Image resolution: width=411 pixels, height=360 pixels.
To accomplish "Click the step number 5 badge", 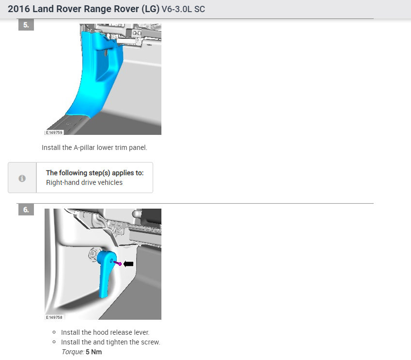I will pos(26,24).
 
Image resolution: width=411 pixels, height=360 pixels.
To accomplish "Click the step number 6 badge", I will pos(26,210).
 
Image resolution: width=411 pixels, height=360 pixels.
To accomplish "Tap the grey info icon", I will pos(22,178).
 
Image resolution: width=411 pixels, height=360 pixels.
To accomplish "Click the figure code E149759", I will pos(54,132).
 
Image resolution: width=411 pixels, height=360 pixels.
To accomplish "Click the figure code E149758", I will pos(54,317).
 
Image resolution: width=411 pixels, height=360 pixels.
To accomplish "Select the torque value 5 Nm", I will pos(94,352).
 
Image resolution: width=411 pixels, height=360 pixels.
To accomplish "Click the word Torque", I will pos(72,352).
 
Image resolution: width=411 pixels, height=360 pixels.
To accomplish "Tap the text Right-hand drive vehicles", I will pos(84,182).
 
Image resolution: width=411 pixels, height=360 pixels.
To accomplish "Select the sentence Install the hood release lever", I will pos(105,332).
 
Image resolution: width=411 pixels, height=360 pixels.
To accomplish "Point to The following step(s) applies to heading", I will pos(95,172).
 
